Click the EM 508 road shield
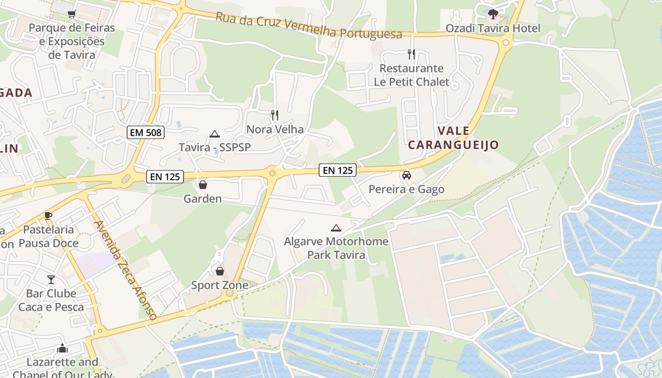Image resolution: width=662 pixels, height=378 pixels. click(x=146, y=132)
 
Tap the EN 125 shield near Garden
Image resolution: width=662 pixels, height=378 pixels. click(x=165, y=177)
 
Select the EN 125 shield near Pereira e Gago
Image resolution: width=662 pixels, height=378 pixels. click(x=338, y=170)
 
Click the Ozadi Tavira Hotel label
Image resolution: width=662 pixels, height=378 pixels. click(x=493, y=28)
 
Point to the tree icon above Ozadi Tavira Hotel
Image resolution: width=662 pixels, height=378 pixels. click(x=493, y=14)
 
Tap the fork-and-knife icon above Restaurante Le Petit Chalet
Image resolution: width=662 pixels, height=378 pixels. click(x=411, y=54)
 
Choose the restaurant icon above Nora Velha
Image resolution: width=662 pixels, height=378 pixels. click(x=275, y=115)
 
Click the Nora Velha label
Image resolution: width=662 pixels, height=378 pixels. click(x=275, y=129)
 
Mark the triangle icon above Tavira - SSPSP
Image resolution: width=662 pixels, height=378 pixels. click(x=215, y=134)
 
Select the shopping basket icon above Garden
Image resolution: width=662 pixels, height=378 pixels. click(x=203, y=184)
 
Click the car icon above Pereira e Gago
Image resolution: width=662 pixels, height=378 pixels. click(x=406, y=175)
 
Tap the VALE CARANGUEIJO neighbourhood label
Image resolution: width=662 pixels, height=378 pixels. click(x=453, y=137)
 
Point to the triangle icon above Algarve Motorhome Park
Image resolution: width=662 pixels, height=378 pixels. click(x=336, y=228)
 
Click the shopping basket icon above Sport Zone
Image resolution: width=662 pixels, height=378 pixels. click(x=220, y=271)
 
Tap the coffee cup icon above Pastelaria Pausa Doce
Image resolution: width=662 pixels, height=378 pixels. click(x=48, y=215)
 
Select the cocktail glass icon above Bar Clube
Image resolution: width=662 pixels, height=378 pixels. click(x=51, y=279)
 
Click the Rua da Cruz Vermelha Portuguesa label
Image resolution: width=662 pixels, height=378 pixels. click(x=309, y=26)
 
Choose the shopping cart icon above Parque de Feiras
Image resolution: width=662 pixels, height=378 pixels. click(x=71, y=14)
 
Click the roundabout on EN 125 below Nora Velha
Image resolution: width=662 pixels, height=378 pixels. click(x=272, y=173)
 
